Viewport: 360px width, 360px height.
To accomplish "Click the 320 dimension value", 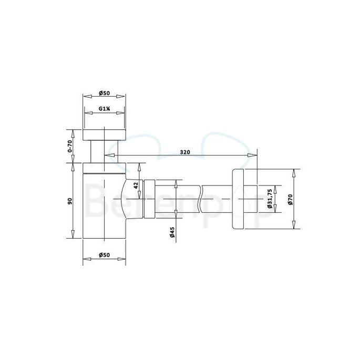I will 184,152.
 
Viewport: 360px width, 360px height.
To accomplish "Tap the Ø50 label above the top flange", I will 104,94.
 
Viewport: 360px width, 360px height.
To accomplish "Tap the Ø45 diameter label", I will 173,232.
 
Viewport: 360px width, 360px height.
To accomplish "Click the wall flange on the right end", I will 243,199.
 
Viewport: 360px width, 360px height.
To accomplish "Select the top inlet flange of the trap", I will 104,134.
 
